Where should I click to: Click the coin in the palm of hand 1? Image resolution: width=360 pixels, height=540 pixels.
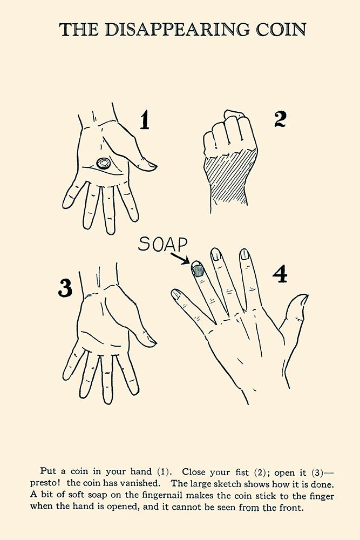[103, 163]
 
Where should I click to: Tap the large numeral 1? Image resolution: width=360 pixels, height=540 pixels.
[145, 120]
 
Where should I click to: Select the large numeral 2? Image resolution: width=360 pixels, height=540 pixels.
[280, 119]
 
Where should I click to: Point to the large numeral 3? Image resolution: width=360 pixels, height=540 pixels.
[65, 288]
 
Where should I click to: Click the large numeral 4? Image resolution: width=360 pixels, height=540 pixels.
[280, 274]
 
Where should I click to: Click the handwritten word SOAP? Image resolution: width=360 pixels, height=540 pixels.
[163, 244]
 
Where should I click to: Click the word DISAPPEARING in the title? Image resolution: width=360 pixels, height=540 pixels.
[177, 29]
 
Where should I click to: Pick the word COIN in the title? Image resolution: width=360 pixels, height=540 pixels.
[281, 29]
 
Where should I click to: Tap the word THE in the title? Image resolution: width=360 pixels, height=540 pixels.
[79, 30]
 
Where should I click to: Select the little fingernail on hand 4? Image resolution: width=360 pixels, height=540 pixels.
[176, 293]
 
